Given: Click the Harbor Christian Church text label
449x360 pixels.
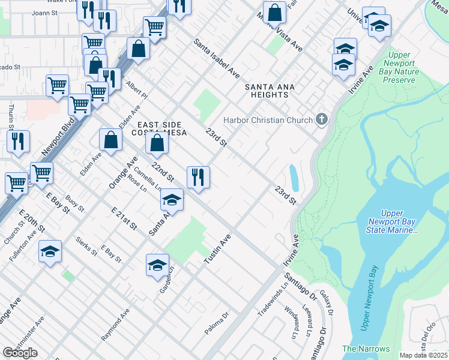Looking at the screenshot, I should [268, 120].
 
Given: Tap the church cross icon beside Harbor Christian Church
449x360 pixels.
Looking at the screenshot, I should [322, 119].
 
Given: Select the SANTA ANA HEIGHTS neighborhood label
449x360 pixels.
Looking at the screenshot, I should [270, 91].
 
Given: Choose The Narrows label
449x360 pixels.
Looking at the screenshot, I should [366, 349].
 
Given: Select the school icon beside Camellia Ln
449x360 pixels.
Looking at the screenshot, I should [172, 200].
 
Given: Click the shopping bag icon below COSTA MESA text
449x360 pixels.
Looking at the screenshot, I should [157, 144].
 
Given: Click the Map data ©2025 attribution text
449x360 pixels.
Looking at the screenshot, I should [423, 355].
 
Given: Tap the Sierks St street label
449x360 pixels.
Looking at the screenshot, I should [87, 246].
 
